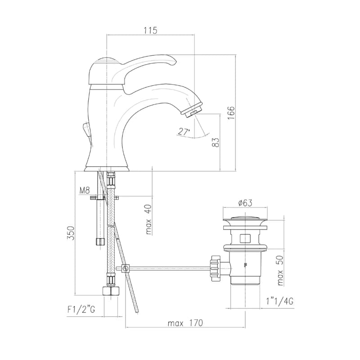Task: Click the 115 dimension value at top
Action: click(x=151, y=31)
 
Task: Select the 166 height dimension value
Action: click(x=231, y=112)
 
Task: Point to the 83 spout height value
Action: click(x=216, y=142)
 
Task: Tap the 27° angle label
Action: click(x=184, y=131)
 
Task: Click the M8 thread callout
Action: click(x=85, y=190)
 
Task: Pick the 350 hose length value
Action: click(x=71, y=233)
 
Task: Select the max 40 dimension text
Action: click(x=148, y=219)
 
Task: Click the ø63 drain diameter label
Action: click(x=245, y=203)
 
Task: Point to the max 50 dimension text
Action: click(x=280, y=270)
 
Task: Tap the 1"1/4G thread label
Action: click(x=279, y=301)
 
